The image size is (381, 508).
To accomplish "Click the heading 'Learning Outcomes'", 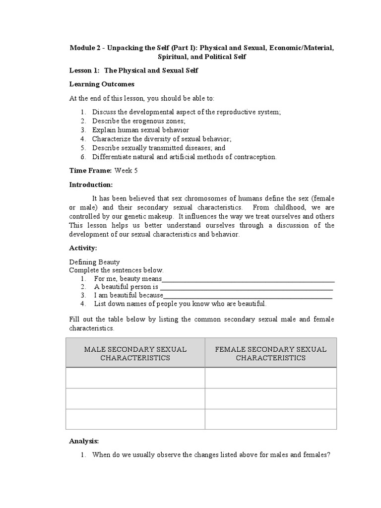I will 102,84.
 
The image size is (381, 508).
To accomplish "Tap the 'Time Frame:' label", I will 90,171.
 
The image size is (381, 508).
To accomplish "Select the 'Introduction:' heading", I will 91,185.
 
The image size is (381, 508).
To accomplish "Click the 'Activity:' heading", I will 83,248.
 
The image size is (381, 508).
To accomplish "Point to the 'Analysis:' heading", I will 84,441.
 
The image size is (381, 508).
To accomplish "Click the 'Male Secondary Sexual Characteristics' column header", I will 135,353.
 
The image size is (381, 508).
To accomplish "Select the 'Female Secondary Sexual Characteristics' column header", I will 270,353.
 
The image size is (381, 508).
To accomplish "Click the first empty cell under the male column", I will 135,378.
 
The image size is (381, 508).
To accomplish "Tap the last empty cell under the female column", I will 270,419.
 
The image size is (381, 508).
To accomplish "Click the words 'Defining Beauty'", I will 94,262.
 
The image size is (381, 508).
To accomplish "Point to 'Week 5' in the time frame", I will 127,171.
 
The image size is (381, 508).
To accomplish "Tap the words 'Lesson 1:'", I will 84,70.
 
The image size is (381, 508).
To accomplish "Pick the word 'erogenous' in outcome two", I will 145,121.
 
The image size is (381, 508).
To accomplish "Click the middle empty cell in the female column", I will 270,398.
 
